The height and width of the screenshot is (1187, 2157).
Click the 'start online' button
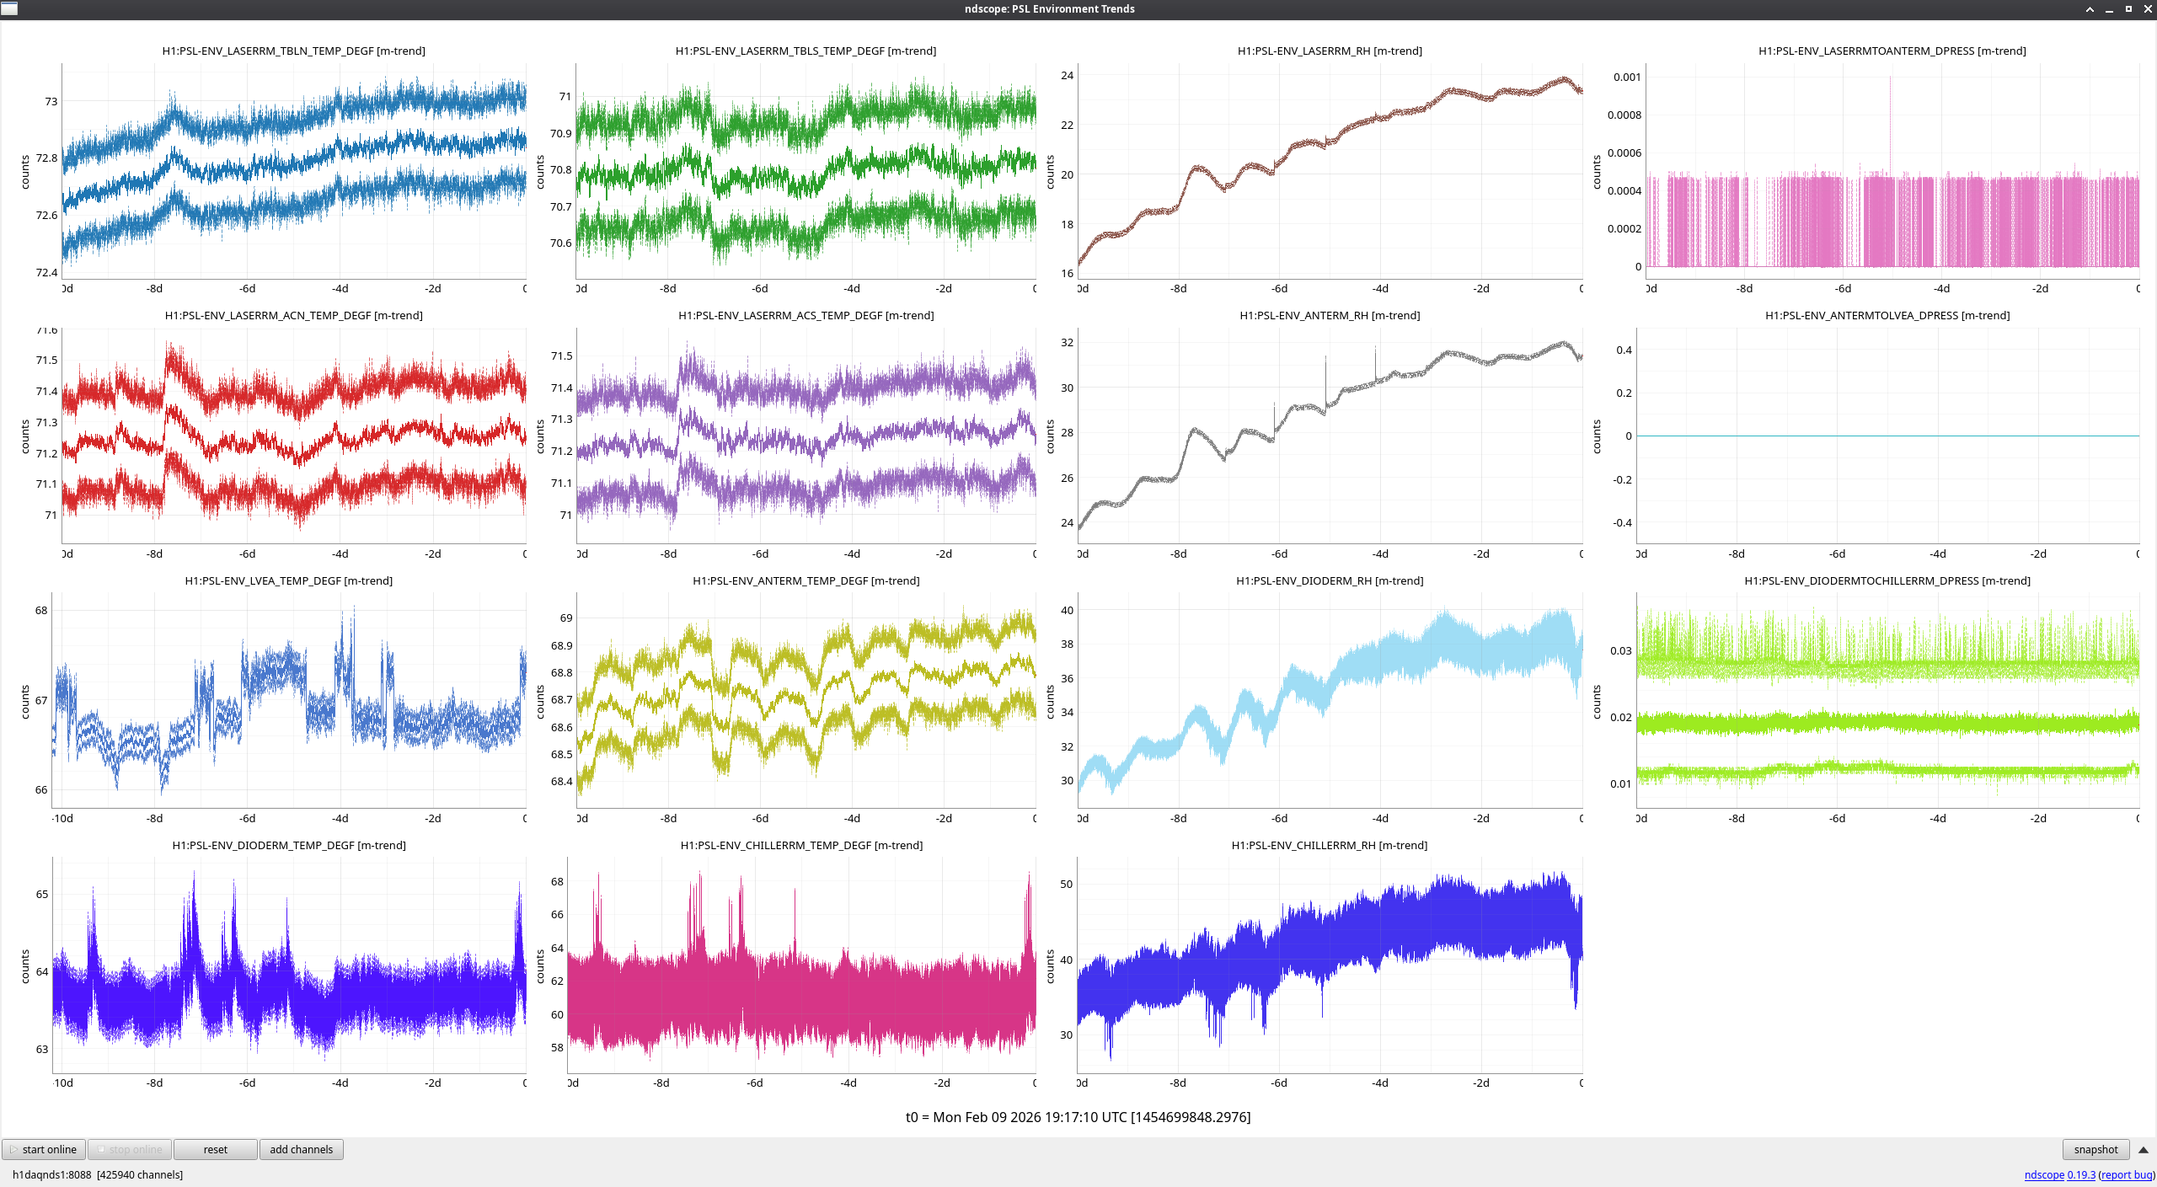[x=44, y=1149]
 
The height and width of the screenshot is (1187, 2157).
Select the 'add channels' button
[x=301, y=1149]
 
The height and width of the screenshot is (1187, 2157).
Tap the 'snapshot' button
[x=2095, y=1149]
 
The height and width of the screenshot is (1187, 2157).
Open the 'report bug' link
[x=2126, y=1174]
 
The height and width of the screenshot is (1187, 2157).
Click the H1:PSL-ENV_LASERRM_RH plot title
[x=1330, y=51]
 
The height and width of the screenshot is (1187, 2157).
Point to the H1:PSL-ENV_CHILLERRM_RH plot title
[x=1330, y=845]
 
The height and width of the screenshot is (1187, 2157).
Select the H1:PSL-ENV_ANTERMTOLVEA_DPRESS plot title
[x=1887, y=315]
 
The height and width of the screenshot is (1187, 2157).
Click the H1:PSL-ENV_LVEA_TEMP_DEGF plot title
[x=289, y=580]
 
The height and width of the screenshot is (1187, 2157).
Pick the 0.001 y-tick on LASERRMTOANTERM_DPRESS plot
[x=1627, y=77]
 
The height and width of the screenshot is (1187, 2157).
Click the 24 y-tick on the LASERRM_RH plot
[x=1067, y=75]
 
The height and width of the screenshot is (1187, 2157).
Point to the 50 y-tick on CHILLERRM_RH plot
[x=1067, y=884]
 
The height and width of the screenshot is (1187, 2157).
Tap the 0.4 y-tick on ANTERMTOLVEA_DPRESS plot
[x=1624, y=350]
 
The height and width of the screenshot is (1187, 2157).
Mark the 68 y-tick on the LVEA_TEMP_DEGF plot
[x=41, y=610]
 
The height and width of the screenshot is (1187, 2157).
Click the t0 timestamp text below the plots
[x=1078, y=1117]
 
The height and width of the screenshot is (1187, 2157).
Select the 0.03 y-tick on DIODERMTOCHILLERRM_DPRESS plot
[x=1621, y=650]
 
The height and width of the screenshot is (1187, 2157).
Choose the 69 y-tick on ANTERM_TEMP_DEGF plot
[x=566, y=618]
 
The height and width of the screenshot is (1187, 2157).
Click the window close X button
[x=2148, y=8]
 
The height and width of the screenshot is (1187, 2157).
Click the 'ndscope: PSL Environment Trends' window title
[x=1049, y=8]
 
